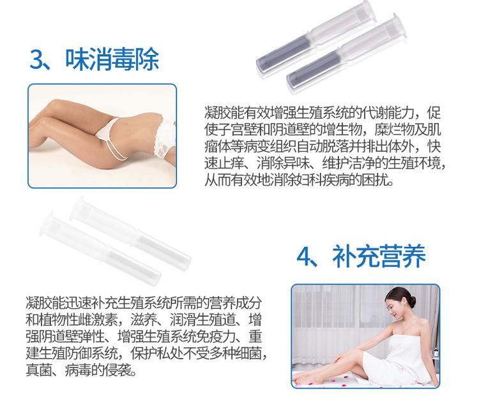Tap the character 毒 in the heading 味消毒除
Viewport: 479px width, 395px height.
coord(124,59)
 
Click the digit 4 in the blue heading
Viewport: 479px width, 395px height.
coord(305,257)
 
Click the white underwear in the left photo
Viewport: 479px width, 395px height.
coord(108,129)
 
